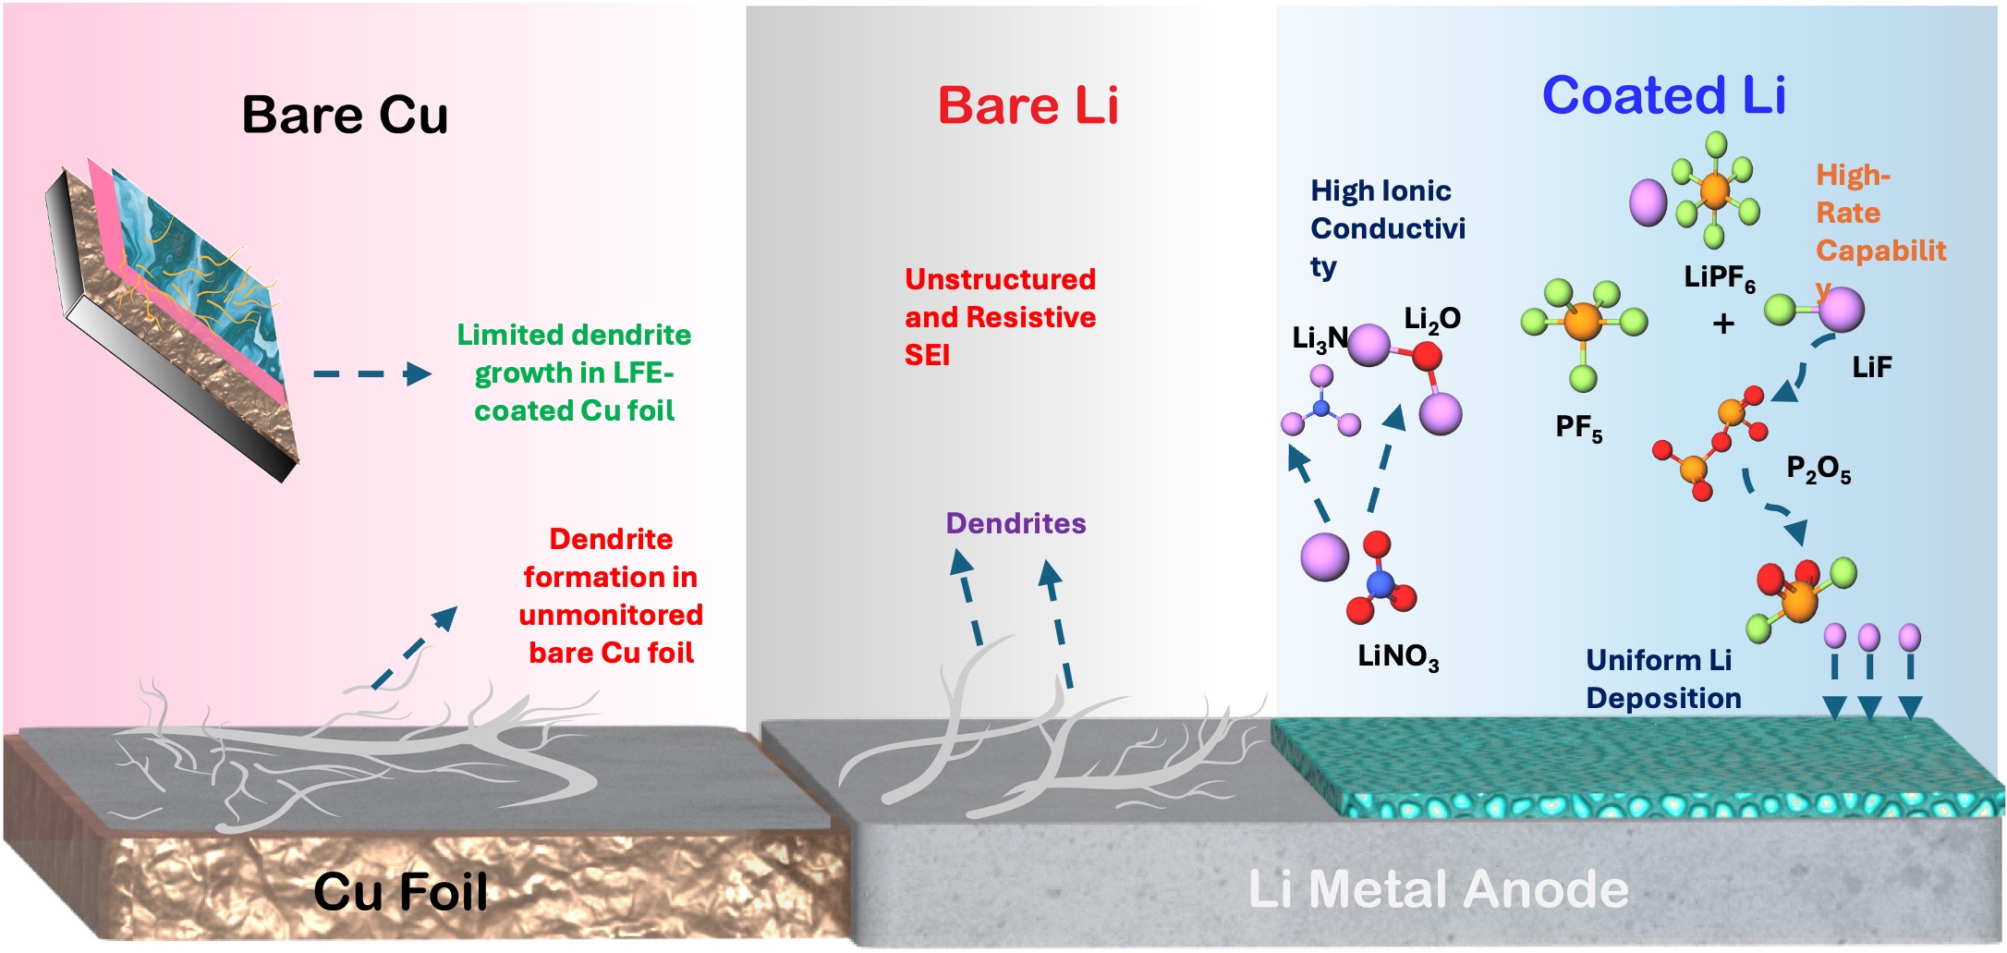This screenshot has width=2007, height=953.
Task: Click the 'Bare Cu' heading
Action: tap(345, 116)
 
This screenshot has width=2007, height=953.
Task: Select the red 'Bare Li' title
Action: tap(1028, 105)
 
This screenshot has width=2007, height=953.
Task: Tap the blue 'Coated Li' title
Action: tap(1663, 95)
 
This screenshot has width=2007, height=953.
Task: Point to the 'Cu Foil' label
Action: tap(400, 892)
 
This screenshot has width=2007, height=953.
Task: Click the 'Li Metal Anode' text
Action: tap(1438, 889)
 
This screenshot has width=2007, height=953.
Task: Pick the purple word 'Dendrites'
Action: tap(1016, 523)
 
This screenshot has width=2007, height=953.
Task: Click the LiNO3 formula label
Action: tap(1397, 656)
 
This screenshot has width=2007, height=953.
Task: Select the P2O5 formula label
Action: tap(1818, 470)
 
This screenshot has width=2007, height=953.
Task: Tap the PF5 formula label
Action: tap(1578, 427)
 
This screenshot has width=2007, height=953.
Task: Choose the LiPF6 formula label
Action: tap(1719, 276)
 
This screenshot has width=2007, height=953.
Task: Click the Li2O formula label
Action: tap(1431, 319)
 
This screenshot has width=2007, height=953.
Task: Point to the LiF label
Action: tap(1871, 368)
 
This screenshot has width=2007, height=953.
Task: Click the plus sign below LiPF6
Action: tap(1722, 324)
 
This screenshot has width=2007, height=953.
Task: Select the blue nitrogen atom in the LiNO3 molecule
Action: tap(1379, 583)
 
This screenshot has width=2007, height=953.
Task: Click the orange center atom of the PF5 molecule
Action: tap(1584, 322)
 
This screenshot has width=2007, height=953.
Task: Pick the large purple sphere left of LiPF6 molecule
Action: tap(1648, 202)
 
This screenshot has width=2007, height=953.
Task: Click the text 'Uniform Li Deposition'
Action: tap(1662, 678)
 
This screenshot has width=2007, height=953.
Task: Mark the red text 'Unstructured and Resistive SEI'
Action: tap(1000, 317)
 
